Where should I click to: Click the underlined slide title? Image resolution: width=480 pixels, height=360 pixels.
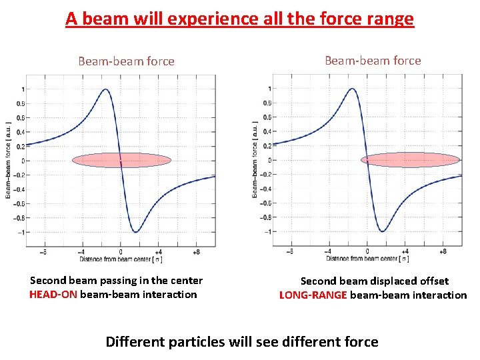coord(240,19)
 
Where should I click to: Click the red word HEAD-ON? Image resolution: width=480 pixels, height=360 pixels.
coord(53,295)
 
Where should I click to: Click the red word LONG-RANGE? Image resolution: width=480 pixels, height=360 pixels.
coord(313,295)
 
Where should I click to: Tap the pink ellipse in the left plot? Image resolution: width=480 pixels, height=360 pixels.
coord(121,160)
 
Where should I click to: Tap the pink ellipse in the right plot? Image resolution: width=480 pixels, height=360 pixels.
coord(411,159)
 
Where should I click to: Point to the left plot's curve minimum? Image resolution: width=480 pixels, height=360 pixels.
coord(136,232)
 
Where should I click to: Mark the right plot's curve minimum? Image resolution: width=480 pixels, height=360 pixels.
coord(383,231)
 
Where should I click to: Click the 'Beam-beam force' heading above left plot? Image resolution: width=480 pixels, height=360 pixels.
coord(126,61)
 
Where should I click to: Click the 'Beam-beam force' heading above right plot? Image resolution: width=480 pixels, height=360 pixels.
coord(373,61)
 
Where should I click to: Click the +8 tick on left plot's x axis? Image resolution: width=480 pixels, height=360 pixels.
coord(196,253)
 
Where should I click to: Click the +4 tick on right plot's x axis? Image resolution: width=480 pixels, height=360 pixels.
coord(406,252)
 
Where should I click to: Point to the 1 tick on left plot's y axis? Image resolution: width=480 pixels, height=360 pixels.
coord(23,89)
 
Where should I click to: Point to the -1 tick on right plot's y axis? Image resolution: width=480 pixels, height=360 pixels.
coord(269,231)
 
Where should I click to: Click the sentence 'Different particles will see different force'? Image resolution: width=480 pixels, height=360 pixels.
coord(242,343)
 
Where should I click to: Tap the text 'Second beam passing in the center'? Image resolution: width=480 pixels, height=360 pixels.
coord(117,281)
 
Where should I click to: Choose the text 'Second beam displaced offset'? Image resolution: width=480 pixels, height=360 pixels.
coord(375,281)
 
